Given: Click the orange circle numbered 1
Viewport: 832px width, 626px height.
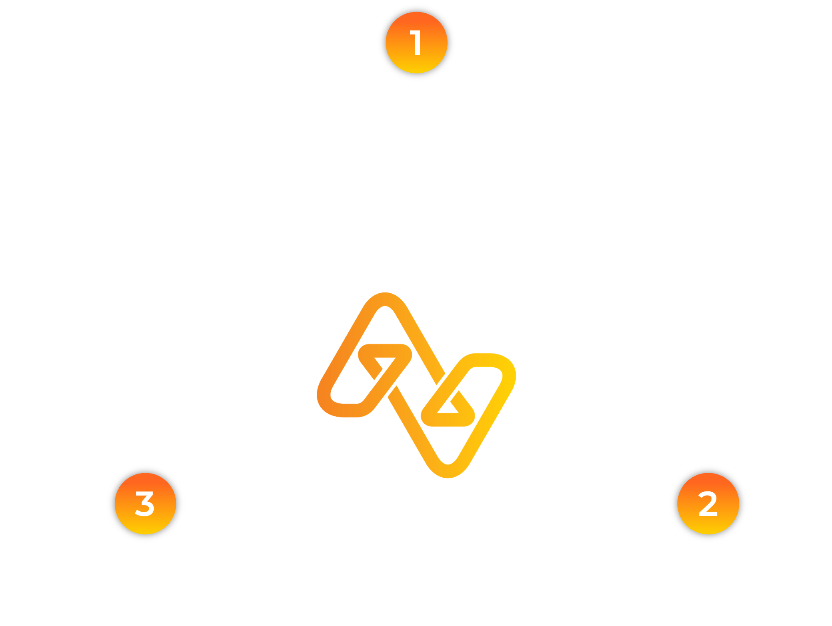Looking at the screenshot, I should tap(416, 43).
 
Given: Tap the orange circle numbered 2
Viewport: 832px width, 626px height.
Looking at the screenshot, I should tap(708, 503).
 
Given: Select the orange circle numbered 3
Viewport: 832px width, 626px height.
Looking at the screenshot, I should tap(145, 503).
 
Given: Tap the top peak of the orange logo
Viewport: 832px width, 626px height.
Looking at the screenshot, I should tap(385, 299).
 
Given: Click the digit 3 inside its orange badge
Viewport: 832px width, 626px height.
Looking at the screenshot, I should tap(145, 504).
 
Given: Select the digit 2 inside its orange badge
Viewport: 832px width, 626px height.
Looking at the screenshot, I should tap(708, 504).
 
